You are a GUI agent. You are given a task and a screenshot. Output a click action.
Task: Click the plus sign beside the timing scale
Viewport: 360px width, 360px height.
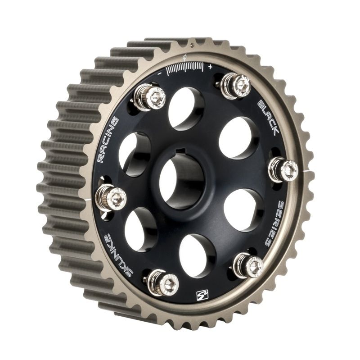tap(210, 67)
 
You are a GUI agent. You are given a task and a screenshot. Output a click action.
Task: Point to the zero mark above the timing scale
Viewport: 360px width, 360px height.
tap(185, 57)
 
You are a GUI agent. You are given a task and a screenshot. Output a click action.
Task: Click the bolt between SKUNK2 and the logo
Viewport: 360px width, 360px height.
tap(163, 283)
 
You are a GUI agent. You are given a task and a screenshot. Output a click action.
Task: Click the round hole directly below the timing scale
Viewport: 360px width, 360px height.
tap(186, 108)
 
